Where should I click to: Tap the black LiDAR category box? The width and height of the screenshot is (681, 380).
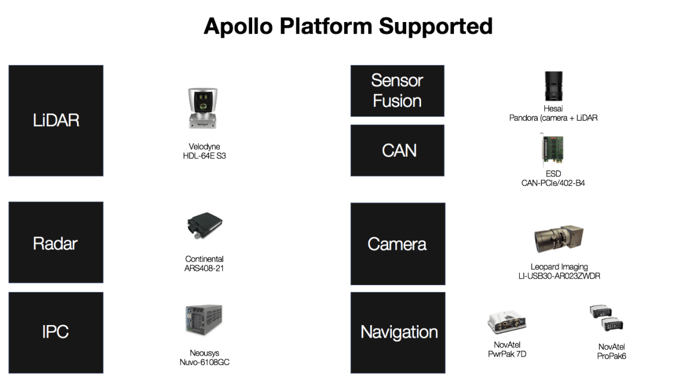(56, 121)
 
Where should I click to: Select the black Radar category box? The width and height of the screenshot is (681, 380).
(56, 243)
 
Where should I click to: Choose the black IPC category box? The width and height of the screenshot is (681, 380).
(56, 332)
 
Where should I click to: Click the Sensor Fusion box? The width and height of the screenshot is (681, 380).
(397, 91)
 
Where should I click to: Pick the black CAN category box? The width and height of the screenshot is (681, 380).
(397, 151)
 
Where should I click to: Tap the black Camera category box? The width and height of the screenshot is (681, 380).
(397, 244)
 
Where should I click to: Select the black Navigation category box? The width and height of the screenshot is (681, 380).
(398, 332)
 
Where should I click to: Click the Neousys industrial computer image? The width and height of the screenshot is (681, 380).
(204, 320)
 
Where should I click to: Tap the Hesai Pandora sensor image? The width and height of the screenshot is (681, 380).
(553, 87)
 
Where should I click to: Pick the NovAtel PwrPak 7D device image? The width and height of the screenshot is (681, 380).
(507, 323)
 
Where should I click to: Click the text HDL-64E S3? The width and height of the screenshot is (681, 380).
(204, 156)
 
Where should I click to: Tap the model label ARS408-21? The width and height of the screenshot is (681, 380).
(204, 268)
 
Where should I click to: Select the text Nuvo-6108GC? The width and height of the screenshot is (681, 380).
(205, 362)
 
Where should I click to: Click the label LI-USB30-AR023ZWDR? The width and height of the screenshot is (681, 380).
(559, 276)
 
